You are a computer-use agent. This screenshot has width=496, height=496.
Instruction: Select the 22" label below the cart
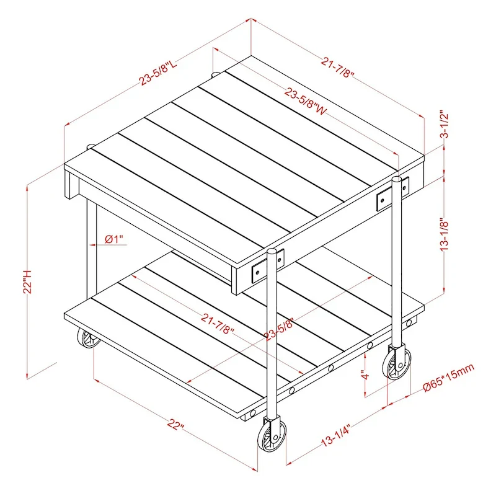point(175,427)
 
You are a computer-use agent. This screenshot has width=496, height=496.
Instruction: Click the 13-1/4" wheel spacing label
point(336,433)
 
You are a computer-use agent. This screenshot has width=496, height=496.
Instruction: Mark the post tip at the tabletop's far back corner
point(215,74)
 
